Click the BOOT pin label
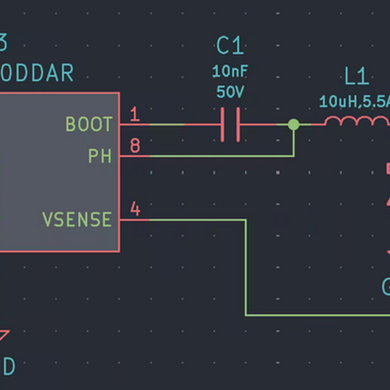88,124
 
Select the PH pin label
99,156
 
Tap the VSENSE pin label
77,220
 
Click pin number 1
135,115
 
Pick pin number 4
135,209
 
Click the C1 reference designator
229,46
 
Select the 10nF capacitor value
229,71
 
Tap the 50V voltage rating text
229,92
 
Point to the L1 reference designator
356,77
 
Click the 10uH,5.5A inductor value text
354,101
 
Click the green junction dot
293,124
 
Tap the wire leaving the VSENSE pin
246,273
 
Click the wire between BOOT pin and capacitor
185,124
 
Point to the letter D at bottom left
8,367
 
